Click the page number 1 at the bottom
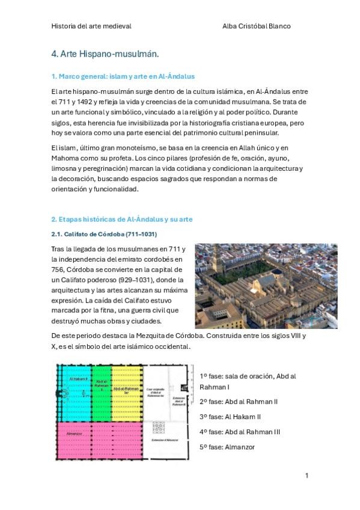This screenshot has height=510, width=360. click(x=307, y=475)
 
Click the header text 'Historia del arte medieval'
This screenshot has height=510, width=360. click(x=91, y=26)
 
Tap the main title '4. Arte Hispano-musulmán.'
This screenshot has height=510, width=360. click(x=105, y=54)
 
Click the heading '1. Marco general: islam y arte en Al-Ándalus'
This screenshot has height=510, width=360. click(x=123, y=77)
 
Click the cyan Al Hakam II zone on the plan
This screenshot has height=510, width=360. click(x=73, y=394)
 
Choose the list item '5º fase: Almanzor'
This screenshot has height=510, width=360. click(x=227, y=447)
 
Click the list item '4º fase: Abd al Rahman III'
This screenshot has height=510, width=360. click(x=239, y=432)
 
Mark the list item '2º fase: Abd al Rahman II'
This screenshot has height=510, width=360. click(x=237, y=401)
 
